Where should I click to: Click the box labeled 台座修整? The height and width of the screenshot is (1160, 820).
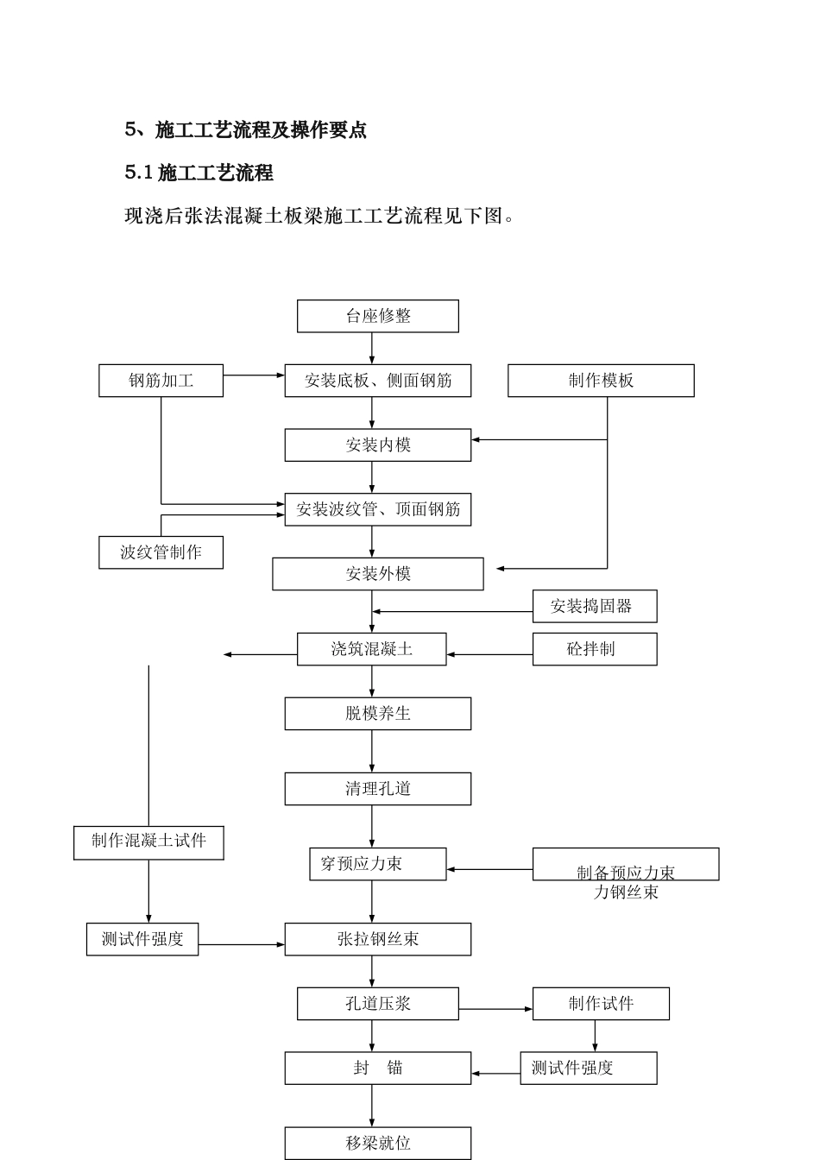(x=377, y=316)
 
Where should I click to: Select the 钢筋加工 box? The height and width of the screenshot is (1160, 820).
(x=161, y=381)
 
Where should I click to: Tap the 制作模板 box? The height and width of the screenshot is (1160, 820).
(x=600, y=381)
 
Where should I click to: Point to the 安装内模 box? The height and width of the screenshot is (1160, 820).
(x=377, y=445)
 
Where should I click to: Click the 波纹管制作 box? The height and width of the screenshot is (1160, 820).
(x=161, y=552)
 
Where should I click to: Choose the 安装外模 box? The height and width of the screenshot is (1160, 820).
(x=377, y=574)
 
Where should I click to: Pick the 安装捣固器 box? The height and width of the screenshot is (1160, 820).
(x=594, y=606)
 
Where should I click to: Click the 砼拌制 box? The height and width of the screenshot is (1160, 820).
(x=594, y=649)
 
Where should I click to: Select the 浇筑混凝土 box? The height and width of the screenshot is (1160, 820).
(x=371, y=649)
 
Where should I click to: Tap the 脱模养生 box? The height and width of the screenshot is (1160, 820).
(x=377, y=714)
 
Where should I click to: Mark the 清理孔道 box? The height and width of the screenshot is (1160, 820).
(x=377, y=789)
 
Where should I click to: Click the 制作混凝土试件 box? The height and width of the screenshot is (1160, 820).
(x=148, y=842)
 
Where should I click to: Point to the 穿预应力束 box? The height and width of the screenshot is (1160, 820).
(x=377, y=864)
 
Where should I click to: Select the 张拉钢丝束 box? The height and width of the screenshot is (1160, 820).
(x=377, y=939)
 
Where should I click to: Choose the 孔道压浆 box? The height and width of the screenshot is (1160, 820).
(x=377, y=1004)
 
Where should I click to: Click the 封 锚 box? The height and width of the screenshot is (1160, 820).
(x=377, y=1068)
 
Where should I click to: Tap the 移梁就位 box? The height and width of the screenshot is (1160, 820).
(x=377, y=1143)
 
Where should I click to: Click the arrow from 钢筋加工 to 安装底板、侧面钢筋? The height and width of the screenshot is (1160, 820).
(x=254, y=375)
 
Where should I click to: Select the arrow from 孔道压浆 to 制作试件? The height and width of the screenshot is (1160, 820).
(x=495, y=1009)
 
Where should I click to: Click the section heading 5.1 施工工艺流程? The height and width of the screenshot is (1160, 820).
(x=199, y=173)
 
